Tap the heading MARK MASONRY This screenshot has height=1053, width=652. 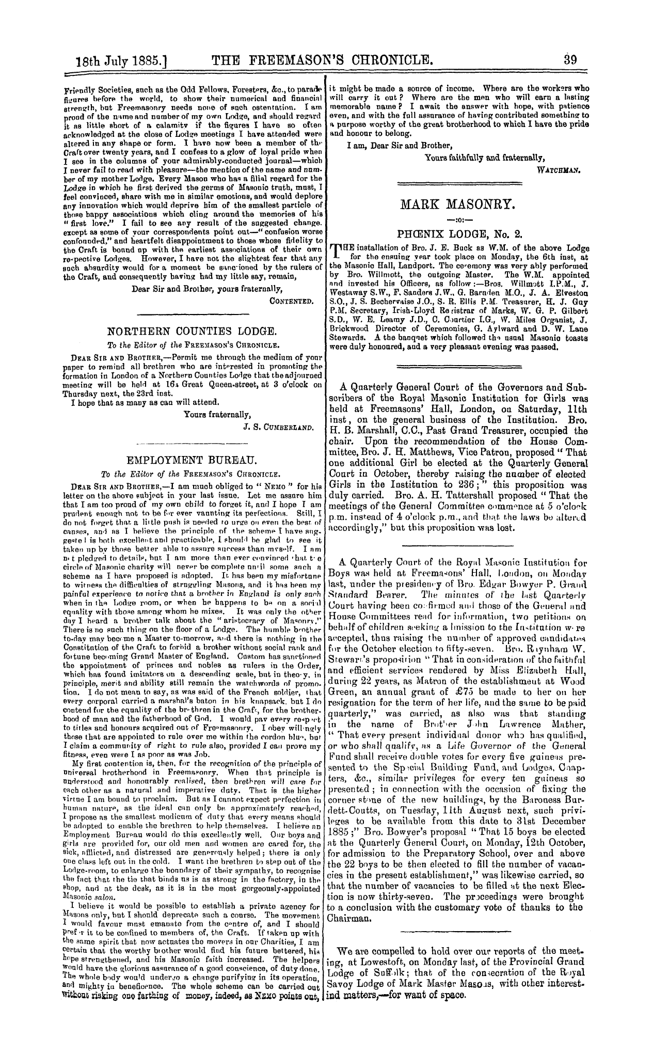tap(457, 206)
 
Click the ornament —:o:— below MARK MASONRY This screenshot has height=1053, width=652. tap(457, 221)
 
